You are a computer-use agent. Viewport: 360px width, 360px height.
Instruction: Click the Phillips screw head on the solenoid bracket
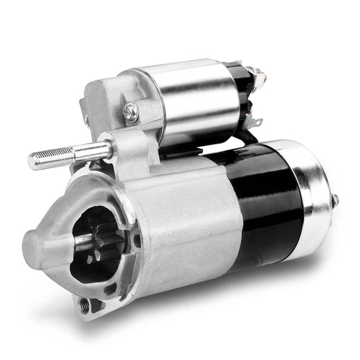131,112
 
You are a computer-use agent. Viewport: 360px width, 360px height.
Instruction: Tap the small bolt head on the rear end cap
335,201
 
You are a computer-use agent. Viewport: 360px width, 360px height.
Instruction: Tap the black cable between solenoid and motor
247,137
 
